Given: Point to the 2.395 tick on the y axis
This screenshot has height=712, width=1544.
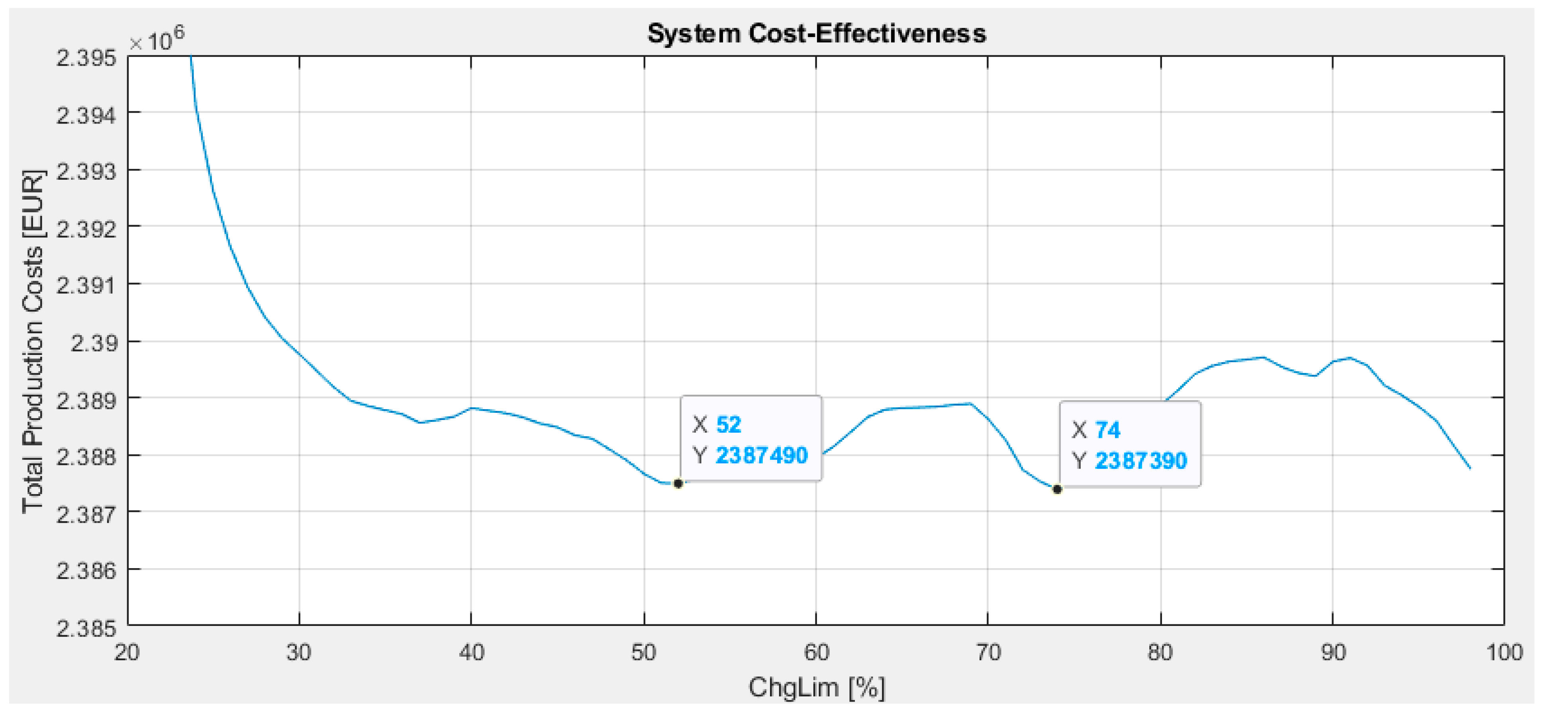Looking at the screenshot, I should point(87,59).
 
